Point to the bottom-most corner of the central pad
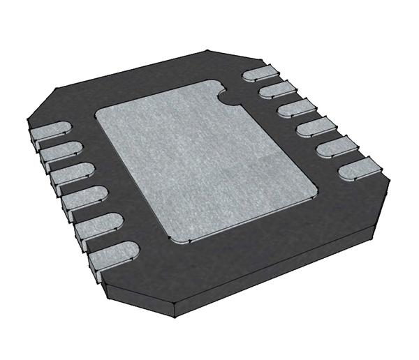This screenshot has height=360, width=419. point(182,242)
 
